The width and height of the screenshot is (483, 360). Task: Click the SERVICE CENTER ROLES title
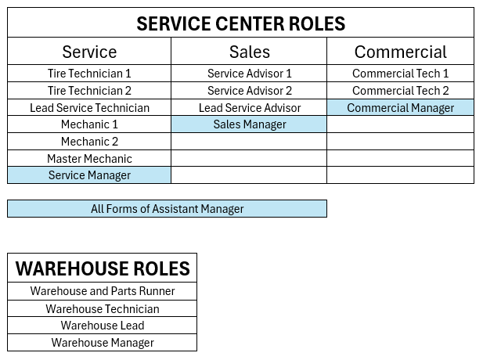pyautogui.click(x=240, y=23)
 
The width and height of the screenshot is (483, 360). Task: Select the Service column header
pyautogui.click(x=89, y=52)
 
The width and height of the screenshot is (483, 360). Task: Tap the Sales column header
pyautogui.click(x=249, y=52)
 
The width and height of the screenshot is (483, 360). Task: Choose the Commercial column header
pyautogui.click(x=400, y=52)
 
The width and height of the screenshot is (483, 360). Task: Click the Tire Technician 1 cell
pyautogui.click(x=89, y=74)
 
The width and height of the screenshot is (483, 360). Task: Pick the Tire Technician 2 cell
pyautogui.click(x=89, y=91)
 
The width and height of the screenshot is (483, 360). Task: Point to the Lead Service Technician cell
pyautogui.click(x=89, y=108)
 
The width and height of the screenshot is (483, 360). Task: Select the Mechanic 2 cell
pyautogui.click(x=89, y=142)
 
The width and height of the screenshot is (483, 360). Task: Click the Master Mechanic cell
pyautogui.click(x=89, y=159)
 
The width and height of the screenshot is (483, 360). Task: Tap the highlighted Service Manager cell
pyautogui.click(x=89, y=175)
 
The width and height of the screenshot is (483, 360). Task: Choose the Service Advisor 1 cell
pyautogui.click(x=249, y=74)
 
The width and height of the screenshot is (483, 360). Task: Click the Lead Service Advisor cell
pyautogui.click(x=249, y=108)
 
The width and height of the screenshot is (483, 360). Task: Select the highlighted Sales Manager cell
pyautogui.click(x=249, y=124)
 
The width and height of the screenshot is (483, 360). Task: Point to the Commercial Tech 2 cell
pyautogui.click(x=400, y=91)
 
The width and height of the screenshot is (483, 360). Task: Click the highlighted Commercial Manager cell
pyautogui.click(x=400, y=108)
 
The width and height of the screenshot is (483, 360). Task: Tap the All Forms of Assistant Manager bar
pyautogui.click(x=167, y=209)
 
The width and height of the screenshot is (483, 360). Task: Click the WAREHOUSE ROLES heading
pyautogui.click(x=103, y=268)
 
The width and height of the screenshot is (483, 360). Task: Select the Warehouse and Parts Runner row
pyautogui.click(x=103, y=291)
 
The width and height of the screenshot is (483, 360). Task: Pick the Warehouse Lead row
pyautogui.click(x=103, y=326)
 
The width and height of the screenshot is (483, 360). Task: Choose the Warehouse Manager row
pyautogui.click(x=103, y=343)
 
